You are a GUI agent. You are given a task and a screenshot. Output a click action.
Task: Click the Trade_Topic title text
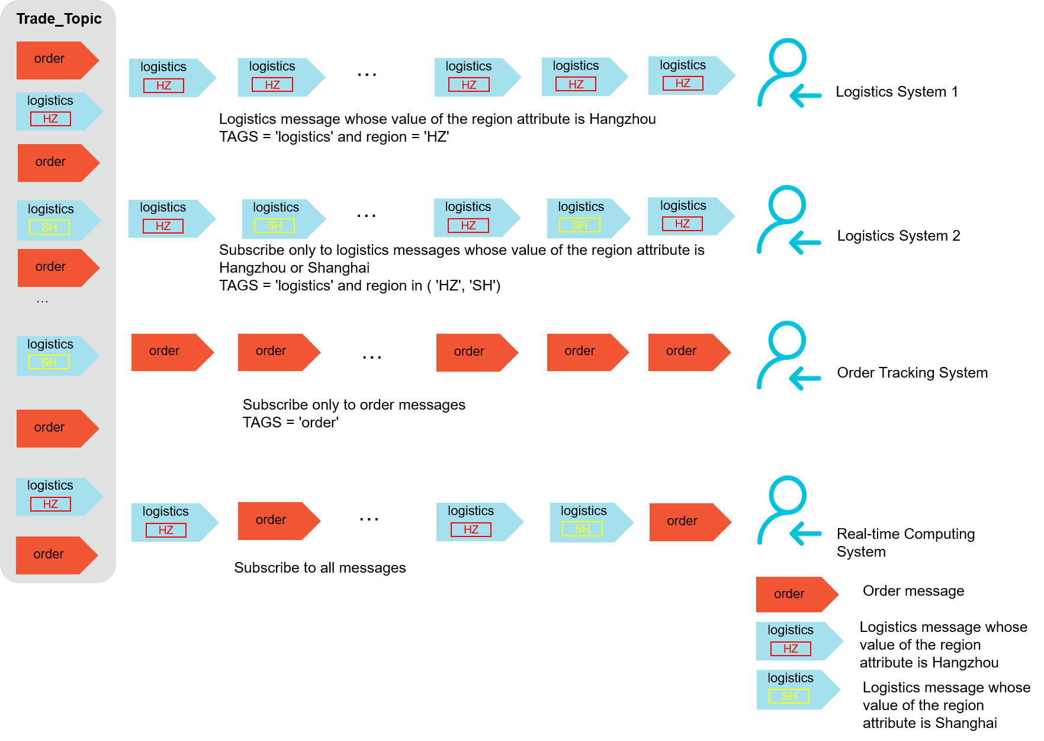click(59, 19)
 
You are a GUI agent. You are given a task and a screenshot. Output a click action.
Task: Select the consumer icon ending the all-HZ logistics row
click(790, 73)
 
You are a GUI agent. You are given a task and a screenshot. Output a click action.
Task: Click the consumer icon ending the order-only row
click(789, 356)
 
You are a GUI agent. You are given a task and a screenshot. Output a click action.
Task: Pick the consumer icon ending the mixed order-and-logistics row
click(790, 510)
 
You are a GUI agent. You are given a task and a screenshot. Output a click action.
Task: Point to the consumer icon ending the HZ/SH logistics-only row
click(789, 220)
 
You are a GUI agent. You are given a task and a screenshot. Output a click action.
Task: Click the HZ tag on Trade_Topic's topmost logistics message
click(50, 119)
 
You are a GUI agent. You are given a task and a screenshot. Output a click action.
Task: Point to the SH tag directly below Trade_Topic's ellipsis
click(49, 362)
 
